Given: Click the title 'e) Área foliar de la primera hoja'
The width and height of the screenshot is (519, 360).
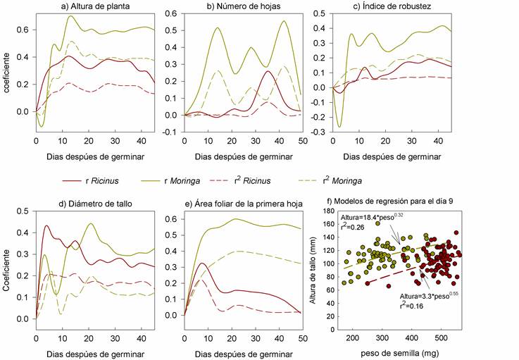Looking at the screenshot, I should [x=242, y=204].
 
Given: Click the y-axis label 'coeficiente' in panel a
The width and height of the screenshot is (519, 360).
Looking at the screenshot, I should [x=8, y=70].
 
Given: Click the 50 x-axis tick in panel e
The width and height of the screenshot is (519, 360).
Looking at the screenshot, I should [x=303, y=338].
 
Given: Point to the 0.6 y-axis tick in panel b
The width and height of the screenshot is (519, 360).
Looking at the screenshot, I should [x=172, y=14].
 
